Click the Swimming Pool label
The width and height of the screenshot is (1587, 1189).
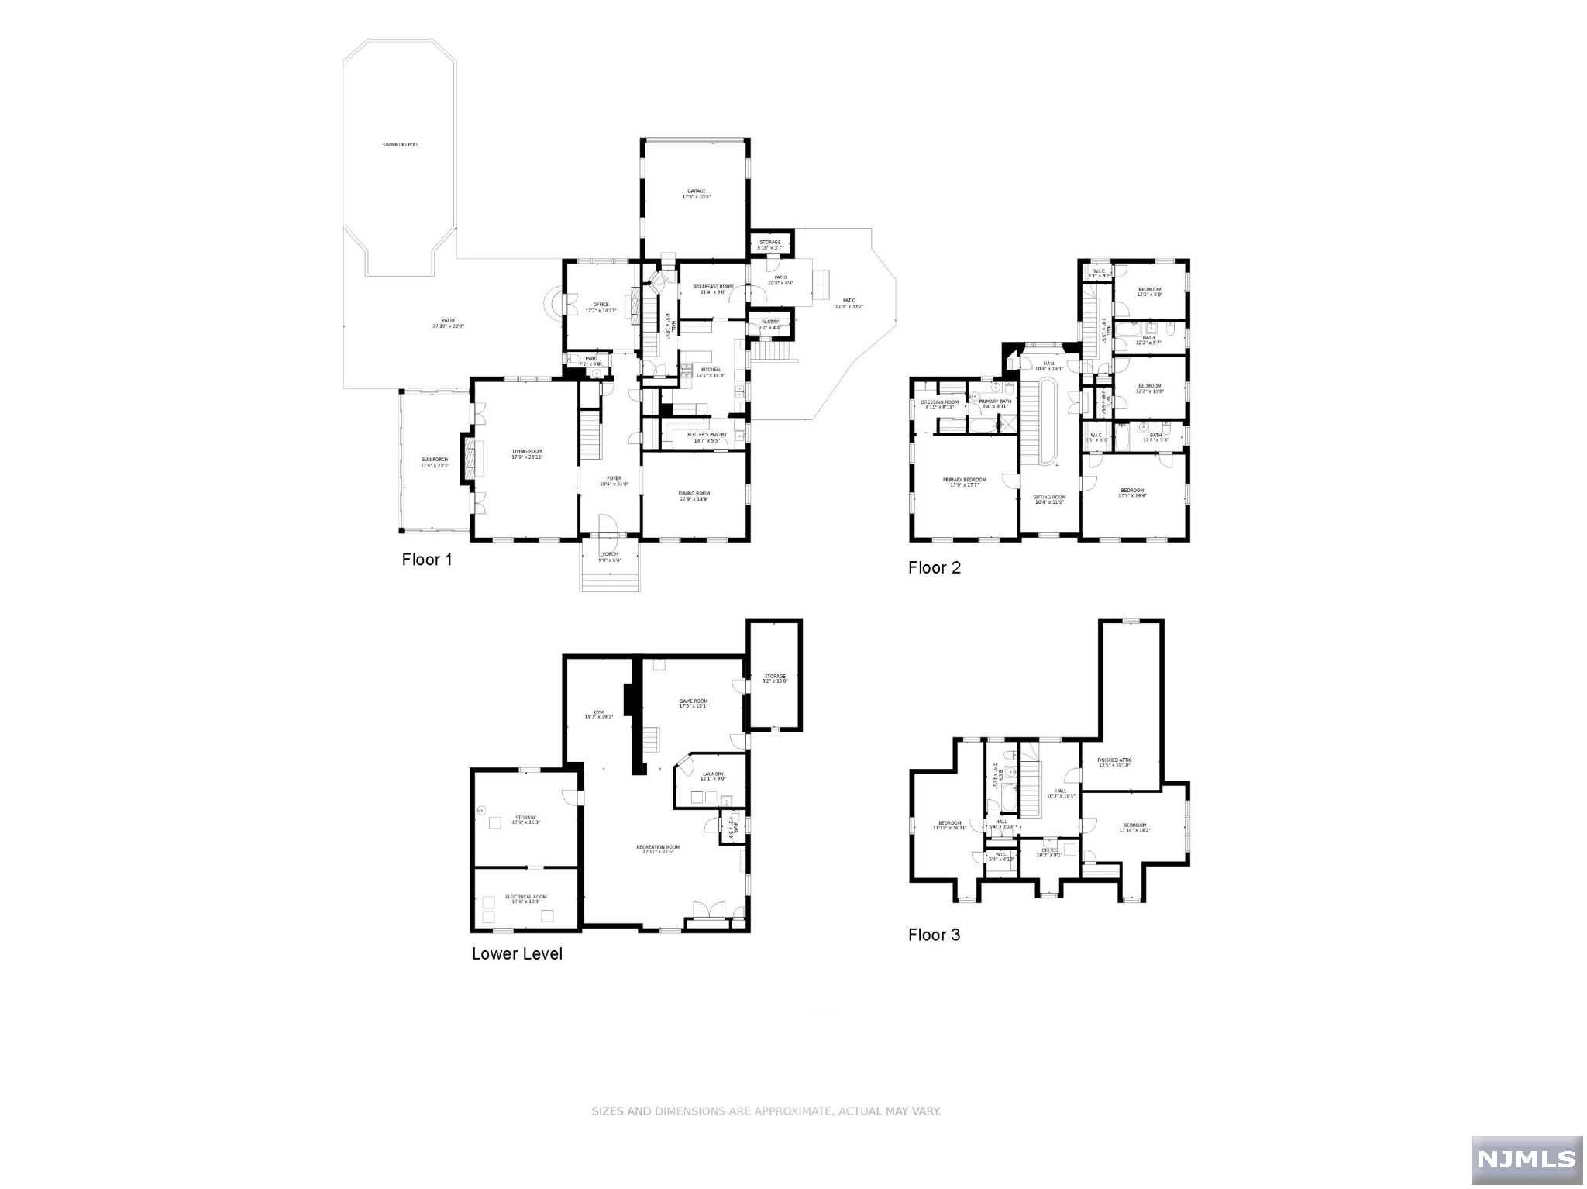pos(401,145)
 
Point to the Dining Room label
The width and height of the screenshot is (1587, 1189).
pos(694,494)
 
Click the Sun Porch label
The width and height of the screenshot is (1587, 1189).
pos(435,460)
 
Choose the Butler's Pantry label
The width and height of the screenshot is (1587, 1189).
pos(707,435)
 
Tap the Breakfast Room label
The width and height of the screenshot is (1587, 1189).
pos(713,287)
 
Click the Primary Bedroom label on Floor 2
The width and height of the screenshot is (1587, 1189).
pos(965,481)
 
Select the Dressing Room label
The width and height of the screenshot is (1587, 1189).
pos(939,402)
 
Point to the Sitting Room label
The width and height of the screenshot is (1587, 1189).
pos(1050,498)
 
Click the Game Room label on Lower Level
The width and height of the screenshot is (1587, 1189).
pos(694,701)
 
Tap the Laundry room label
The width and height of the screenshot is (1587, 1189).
pos(713,774)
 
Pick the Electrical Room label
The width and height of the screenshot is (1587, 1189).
pos(526,898)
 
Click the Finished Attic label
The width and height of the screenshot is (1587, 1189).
pos(1115,760)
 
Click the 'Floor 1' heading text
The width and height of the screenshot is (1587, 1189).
pos(426,560)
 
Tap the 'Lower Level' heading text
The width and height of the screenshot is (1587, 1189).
pos(517,954)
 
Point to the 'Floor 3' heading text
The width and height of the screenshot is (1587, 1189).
pos(934,935)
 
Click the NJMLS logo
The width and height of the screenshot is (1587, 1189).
pos(1526,1159)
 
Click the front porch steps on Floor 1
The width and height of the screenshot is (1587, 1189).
pos(611,580)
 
